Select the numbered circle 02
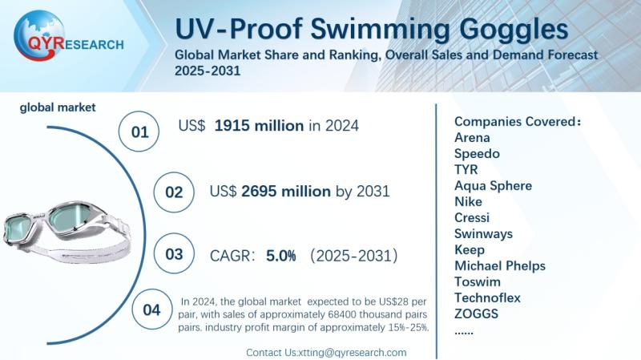[174, 192]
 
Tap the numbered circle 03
[174, 254]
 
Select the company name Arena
[472, 137]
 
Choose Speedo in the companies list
[477, 153]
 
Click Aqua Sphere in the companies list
[493, 185]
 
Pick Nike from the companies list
[468, 201]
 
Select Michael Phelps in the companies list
[499, 265]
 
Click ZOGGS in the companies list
[476, 313]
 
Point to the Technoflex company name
[487, 297]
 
